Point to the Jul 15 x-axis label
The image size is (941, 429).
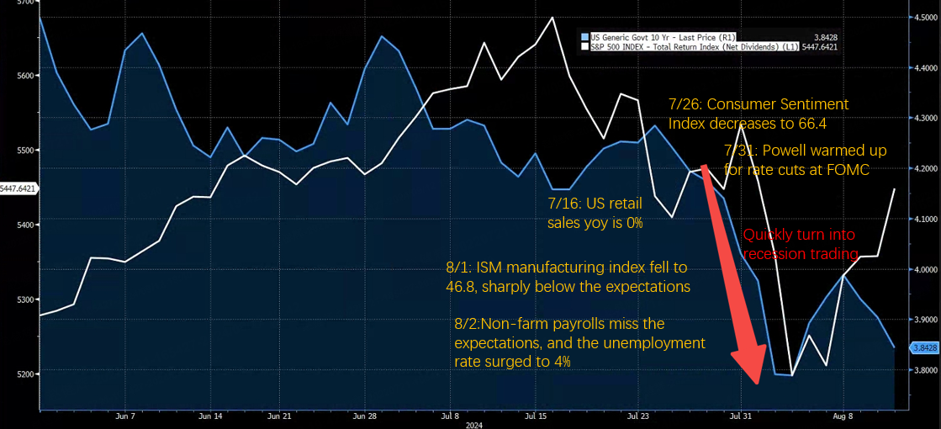pyautogui.click(x=537, y=416)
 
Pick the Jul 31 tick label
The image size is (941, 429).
pyautogui.click(x=741, y=416)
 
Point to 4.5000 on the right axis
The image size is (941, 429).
pyautogui.click(x=923, y=17)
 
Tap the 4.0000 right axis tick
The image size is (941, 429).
pyautogui.click(x=923, y=269)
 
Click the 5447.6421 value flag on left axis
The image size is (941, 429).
pyautogui.click(x=19, y=189)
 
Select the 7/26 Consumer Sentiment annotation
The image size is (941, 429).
pyautogui.click(x=758, y=114)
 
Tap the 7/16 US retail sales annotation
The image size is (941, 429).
pyautogui.click(x=595, y=214)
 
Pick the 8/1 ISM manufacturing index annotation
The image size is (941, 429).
pyautogui.click(x=568, y=277)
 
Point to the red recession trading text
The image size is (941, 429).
pyautogui.click(x=800, y=244)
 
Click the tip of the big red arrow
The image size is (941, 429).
pyautogui.click(x=759, y=384)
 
